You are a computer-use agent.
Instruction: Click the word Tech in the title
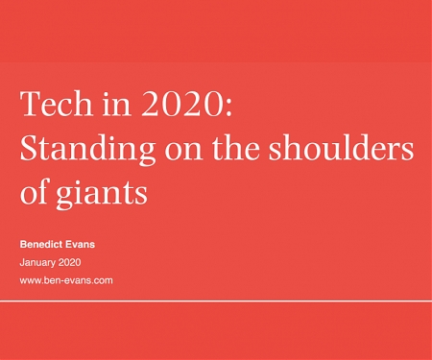click(51, 105)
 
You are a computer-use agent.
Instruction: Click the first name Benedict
click(43, 244)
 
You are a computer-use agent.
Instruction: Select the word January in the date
click(37, 262)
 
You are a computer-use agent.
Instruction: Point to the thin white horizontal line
click(216, 300)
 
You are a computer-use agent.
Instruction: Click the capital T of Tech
click(29, 105)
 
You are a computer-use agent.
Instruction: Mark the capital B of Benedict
click(22, 244)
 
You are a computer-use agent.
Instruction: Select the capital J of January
click(21, 262)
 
